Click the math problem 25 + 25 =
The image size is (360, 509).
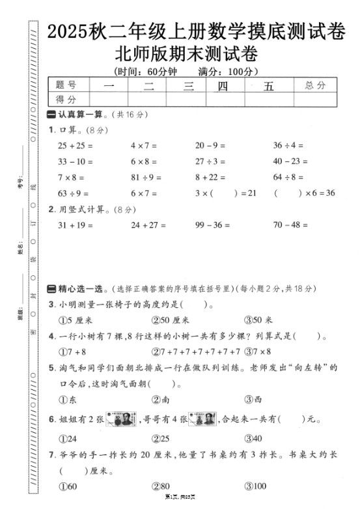tap(75, 145)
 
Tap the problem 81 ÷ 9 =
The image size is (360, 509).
tap(147, 177)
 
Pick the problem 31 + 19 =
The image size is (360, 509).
tap(75, 225)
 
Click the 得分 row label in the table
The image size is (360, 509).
tap(66, 99)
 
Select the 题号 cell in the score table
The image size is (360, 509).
tap(66, 85)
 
